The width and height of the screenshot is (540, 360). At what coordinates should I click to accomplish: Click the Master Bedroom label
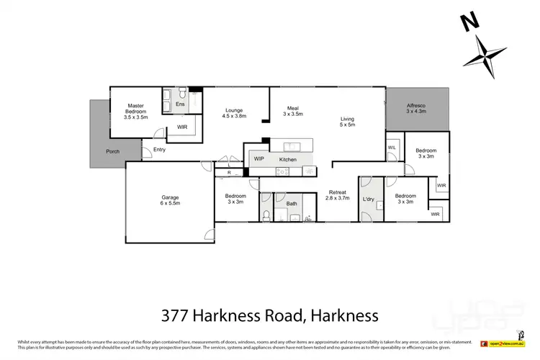(x=136, y=112)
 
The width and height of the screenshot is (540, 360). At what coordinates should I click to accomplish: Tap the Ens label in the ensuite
(x=180, y=104)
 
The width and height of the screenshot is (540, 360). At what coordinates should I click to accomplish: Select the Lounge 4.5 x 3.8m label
(x=234, y=112)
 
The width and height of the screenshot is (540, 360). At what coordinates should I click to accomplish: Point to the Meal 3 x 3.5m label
(x=293, y=110)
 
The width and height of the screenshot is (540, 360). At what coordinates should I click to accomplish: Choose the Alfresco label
(x=416, y=109)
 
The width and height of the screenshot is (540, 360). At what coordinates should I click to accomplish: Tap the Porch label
(x=113, y=151)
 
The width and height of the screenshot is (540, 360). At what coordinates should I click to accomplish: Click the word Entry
(x=159, y=150)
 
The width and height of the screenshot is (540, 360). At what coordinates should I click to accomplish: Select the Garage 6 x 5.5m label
(x=170, y=200)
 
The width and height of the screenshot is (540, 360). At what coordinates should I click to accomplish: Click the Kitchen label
(x=288, y=158)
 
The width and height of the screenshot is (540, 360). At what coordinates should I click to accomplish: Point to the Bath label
(x=292, y=204)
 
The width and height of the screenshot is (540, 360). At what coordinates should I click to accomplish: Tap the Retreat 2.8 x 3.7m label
(x=338, y=195)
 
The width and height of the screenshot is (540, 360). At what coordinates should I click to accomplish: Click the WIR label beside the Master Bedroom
(x=182, y=128)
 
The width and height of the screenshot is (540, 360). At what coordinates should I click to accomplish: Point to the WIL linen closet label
(x=392, y=147)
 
